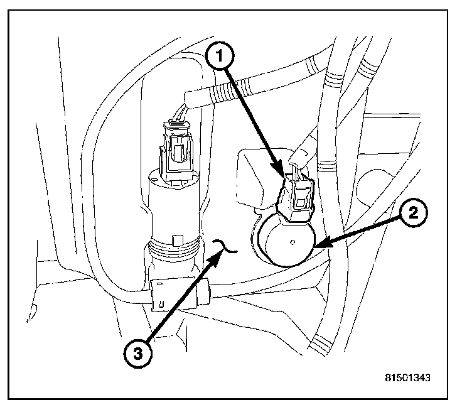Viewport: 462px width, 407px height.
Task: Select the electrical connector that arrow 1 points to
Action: coord(296,195)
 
